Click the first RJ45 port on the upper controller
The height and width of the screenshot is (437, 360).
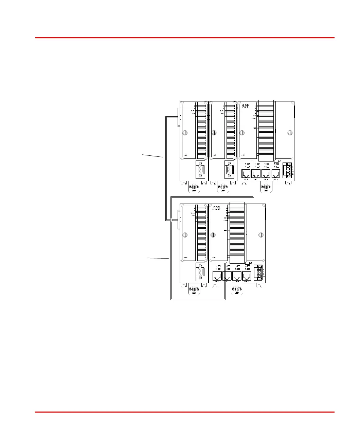click(x=246, y=174)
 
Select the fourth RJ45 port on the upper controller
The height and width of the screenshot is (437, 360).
click(x=275, y=174)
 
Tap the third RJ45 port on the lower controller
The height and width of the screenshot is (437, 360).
click(x=237, y=276)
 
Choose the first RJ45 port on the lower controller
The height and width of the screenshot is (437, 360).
click(x=217, y=276)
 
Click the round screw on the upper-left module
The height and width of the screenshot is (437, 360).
click(x=185, y=133)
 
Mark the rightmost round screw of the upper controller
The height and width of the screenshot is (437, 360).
click(x=289, y=133)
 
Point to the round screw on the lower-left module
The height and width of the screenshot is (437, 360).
click(x=185, y=235)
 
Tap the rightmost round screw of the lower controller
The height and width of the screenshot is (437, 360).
click(x=261, y=235)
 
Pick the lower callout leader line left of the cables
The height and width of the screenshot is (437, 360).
click(x=158, y=258)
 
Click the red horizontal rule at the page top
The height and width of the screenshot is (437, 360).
click(x=185, y=38)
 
